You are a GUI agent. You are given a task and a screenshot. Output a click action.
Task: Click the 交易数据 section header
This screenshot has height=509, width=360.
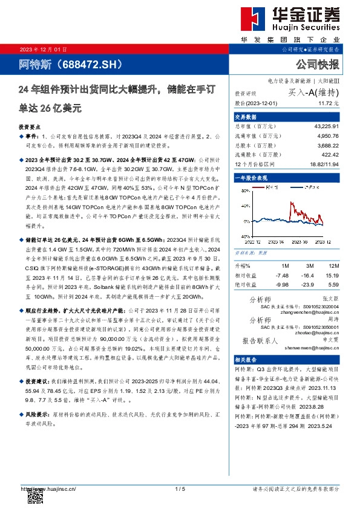click(x=246, y=117)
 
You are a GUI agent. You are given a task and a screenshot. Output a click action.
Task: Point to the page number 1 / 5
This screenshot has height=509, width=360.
click(x=179, y=489)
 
